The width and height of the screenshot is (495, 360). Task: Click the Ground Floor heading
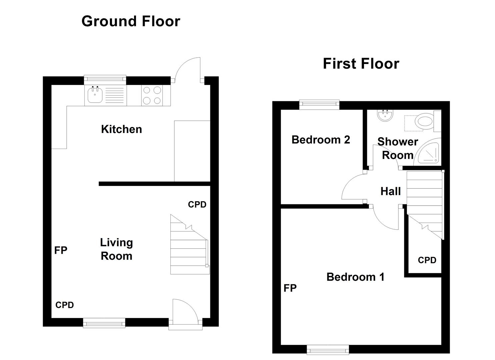point(131,21)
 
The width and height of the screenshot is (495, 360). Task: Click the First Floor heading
point(361,64)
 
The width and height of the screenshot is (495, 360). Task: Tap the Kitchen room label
point(121,129)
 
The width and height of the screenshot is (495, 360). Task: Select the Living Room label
point(116,249)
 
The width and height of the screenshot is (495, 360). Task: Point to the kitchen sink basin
point(95,95)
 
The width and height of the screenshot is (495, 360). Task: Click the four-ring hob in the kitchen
point(152,95)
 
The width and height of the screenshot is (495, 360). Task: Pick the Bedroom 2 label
point(321,140)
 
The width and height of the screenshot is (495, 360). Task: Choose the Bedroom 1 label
point(355,277)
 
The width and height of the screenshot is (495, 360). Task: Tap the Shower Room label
point(398,148)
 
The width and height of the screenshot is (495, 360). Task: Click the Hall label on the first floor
point(390,191)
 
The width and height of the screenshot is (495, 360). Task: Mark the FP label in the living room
point(61,250)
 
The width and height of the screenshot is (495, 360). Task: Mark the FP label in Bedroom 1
point(290,288)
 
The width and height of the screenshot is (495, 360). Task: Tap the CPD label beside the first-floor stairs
point(427,260)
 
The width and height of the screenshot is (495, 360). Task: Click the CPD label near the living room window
point(65,305)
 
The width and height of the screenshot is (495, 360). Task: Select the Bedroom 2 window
point(319,105)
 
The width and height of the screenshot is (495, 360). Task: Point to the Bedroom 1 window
point(328,350)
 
